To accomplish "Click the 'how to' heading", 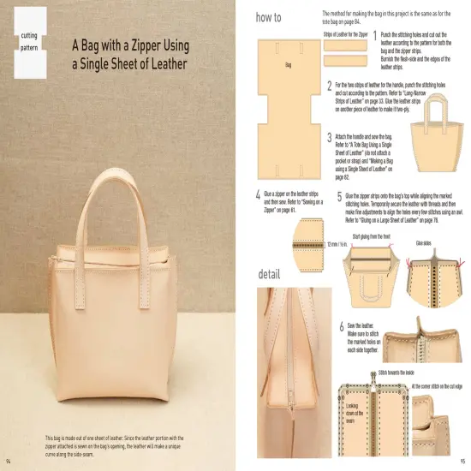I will pyautogui.click(x=269, y=16).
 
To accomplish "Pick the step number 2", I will pyautogui.click(x=330, y=86).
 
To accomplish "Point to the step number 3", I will pyautogui.click(x=330, y=137).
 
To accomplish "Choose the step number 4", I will pyautogui.click(x=258, y=195).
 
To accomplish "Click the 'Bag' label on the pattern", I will pyautogui.click(x=289, y=65).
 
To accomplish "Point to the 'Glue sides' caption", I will pyautogui.click(x=423, y=244).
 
